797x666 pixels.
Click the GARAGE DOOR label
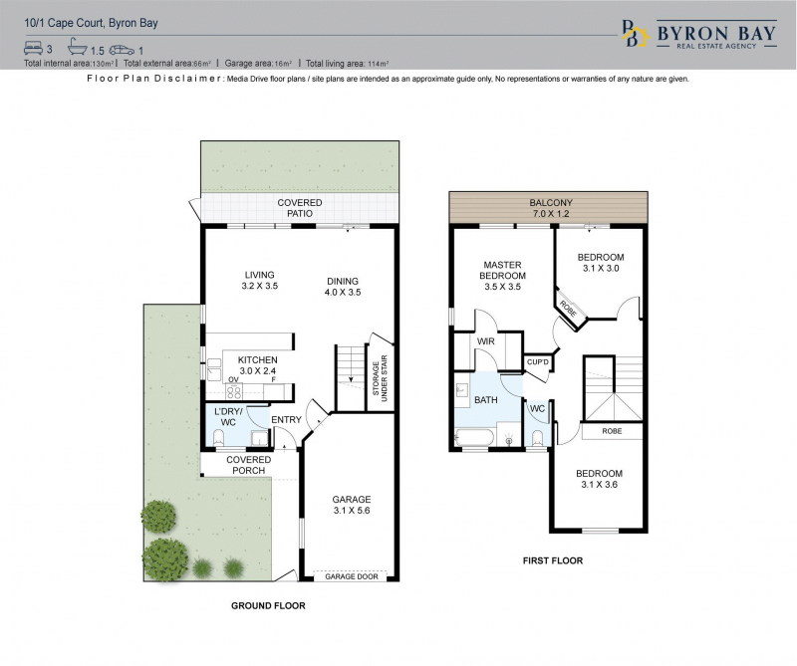point(352,576)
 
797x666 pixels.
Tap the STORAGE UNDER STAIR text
point(380,378)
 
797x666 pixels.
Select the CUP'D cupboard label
point(538,362)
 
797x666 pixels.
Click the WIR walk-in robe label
point(486,341)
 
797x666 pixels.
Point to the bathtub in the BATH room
point(475,438)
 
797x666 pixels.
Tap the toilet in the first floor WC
point(538,437)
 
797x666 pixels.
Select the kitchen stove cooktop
point(234,391)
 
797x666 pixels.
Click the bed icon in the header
point(34,48)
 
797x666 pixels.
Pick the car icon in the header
point(122,50)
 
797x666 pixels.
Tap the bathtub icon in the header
point(78,47)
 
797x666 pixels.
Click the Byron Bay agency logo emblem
point(636,33)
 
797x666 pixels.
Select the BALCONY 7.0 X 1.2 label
point(551,208)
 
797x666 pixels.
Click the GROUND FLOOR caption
point(268,605)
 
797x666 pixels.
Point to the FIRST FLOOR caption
point(553,560)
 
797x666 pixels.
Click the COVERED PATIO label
point(300,208)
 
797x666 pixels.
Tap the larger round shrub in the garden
point(165,559)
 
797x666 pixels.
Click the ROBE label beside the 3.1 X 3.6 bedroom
point(612,431)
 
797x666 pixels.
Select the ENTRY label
point(286,420)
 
